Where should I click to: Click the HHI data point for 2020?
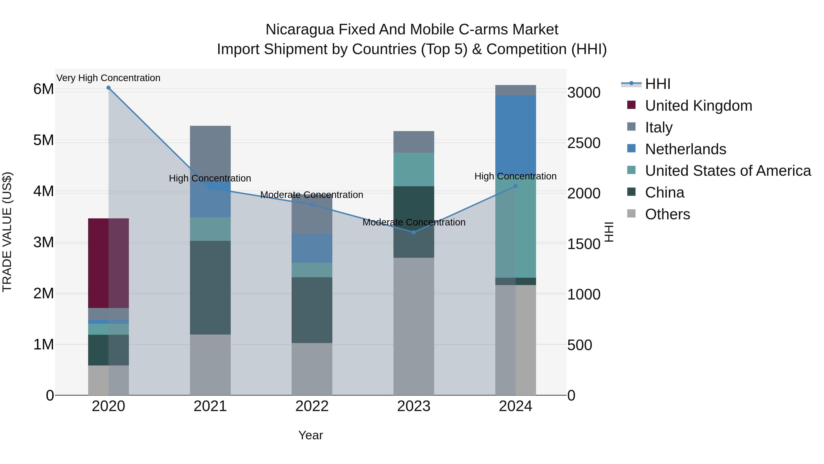pyautogui.click(x=108, y=88)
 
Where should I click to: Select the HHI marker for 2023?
pyautogui.click(x=414, y=233)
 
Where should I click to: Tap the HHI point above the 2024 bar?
pyautogui.click(x=515, y=186)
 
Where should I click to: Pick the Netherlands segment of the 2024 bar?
pyautogui.click(x=515, y=135)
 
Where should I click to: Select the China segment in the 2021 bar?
pyautogui.click(x=210, y=288)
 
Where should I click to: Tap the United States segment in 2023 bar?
pyautogui.click(x=414, y=169)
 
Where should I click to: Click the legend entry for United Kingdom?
pyautogui.click(x=698, y=106)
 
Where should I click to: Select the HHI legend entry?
pyautogui.click(x=657, y=84)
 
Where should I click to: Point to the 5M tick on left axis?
pyautogui.click(x=43, y=140)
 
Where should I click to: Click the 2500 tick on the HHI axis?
pyautogui.click(x=584, y=143)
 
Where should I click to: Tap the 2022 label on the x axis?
pyautogui.click(x=312, y=406)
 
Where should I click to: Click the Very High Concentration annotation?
pyautogui.click(x=108, y=78)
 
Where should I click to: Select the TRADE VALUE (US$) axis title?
pyautogui.click(x=7, y=232)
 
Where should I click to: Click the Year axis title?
pyautogui.click(x=310, y=435)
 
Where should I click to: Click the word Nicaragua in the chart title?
pyautogui.click(x=299, y=30)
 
